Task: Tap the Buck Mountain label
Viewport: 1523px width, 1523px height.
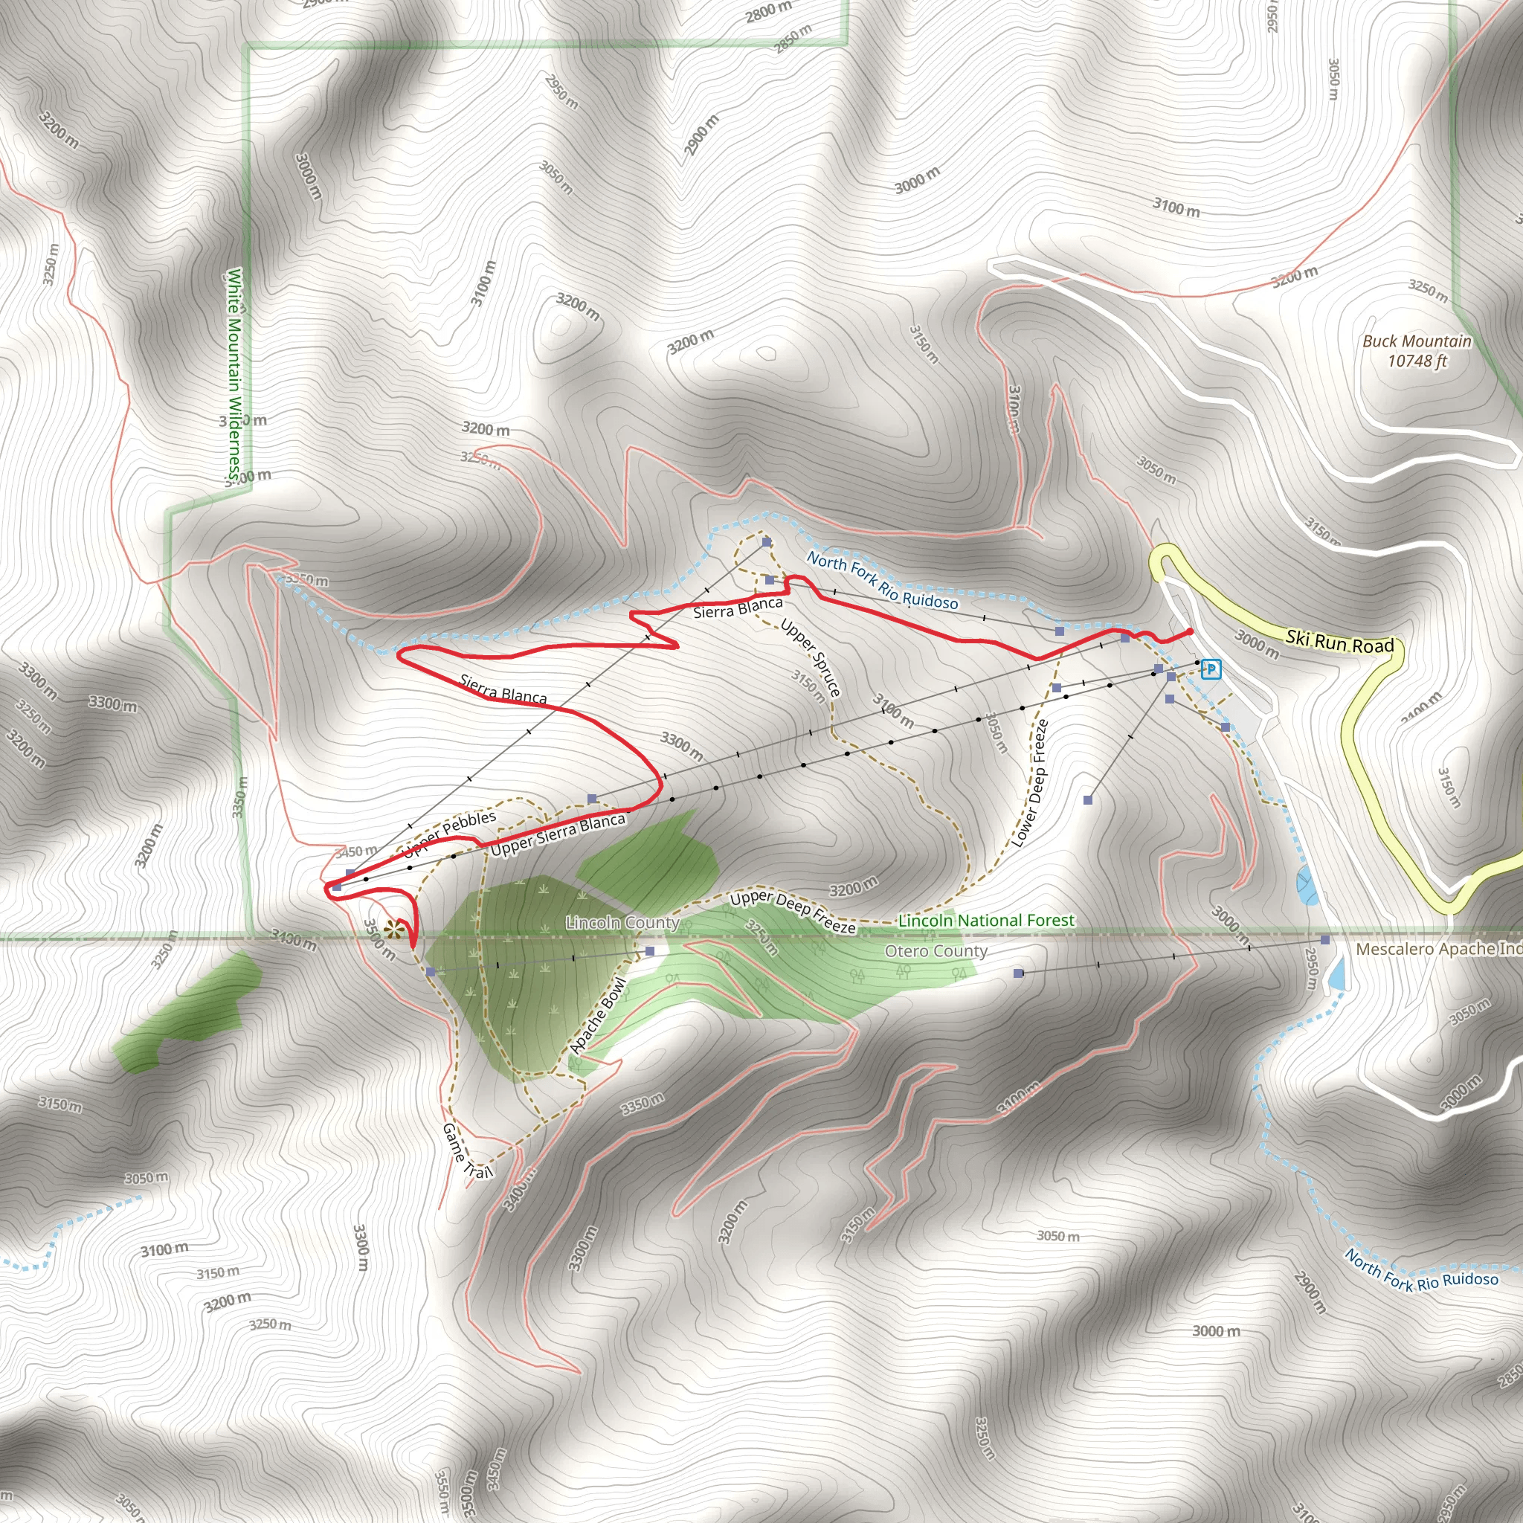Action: (x=1417, y=341)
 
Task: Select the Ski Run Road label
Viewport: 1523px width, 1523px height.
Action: (x=1339, y=642)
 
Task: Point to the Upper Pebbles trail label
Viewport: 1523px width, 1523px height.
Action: (x=449, y=833)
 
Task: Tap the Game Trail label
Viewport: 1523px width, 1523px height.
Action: (x=467, y=1151)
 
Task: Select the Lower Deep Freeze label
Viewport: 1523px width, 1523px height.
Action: (x=1029, y=783)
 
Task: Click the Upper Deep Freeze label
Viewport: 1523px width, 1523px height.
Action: (x=792, y=911)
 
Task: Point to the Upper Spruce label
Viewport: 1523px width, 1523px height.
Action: (x=811, y=658)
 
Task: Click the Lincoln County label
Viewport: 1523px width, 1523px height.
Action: (x=622, y=922)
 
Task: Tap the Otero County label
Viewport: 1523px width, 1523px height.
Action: (x=936, y=951)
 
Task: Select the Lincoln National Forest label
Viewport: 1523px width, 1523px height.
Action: (x=986, y=920)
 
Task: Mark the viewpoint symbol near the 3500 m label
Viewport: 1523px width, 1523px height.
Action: (x=393, y=930)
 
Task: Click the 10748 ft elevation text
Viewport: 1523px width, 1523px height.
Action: (x=1417, y=361)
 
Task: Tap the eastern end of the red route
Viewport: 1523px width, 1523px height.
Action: (x=1189, y=631)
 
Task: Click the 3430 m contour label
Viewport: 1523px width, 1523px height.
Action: (x=293, y=939)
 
